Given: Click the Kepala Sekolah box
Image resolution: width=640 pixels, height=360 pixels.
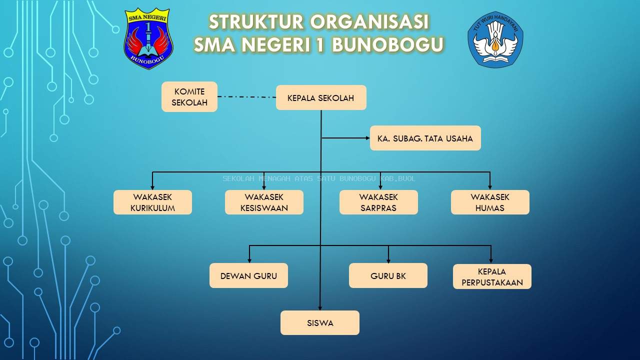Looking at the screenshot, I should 321,97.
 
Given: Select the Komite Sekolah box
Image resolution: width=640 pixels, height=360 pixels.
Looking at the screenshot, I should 189,97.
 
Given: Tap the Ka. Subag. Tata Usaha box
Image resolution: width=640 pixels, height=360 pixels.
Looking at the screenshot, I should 425,138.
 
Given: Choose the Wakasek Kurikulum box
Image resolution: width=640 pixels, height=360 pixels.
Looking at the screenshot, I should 152,202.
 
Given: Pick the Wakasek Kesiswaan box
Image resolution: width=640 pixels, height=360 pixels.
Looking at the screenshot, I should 264,202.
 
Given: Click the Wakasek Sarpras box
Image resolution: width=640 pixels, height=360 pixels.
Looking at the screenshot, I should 378,202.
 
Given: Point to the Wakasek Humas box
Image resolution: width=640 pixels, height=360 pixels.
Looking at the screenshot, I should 490,202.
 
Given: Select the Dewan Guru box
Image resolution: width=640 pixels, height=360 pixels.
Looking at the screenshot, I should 248,275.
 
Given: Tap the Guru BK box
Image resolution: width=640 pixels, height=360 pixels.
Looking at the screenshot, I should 388,275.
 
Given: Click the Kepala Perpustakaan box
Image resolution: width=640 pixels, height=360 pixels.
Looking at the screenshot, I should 492,276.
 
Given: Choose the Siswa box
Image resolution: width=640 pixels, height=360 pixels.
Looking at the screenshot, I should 320,322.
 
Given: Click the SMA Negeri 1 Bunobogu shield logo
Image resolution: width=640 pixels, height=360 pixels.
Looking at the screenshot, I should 148,38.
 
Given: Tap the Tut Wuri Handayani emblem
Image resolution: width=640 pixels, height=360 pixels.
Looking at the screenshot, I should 495,39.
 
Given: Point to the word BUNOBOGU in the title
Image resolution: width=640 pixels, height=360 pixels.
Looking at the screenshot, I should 387,45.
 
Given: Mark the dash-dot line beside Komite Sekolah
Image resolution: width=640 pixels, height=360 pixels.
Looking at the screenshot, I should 246,96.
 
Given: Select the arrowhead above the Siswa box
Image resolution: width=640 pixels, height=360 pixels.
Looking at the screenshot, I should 320,307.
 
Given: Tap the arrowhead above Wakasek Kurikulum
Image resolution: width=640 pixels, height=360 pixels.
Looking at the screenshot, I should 152,186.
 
